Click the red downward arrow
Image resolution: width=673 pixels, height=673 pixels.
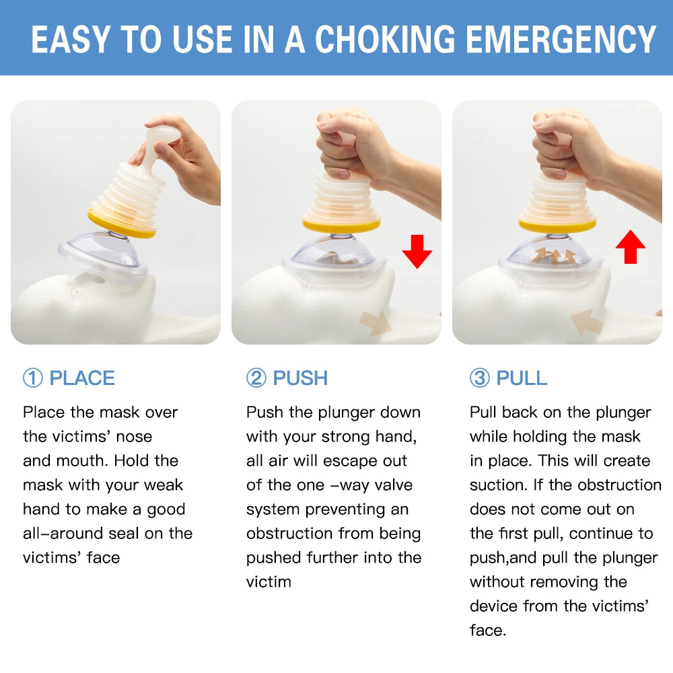417,252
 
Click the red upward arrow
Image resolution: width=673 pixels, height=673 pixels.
630,247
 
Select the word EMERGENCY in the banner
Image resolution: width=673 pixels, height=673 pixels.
561,40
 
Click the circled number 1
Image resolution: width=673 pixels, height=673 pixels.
32,378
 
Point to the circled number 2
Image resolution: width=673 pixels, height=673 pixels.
256,378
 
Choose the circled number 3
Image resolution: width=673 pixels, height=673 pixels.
479,378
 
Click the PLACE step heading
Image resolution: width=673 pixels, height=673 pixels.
82,378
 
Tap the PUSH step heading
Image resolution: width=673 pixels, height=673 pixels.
300,378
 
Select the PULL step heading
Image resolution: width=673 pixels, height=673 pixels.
522,378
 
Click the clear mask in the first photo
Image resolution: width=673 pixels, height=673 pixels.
102,254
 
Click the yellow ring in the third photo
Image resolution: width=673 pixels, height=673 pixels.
557,225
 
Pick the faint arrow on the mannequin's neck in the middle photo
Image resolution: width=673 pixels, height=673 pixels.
375,323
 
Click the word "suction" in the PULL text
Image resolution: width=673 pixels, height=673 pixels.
498,485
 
